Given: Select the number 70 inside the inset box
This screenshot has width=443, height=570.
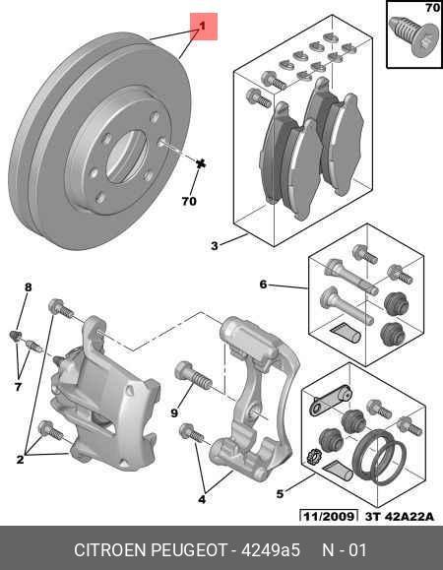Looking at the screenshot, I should [x=431, y=9].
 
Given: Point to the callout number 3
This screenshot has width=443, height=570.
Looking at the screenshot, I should [x=215, y=246].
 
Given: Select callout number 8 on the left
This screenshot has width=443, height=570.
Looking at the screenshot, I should [x=28, y=287].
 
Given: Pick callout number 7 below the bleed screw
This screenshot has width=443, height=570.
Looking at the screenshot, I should [x=17, y=388].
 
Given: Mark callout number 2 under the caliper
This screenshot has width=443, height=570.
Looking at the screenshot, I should [x=20, y=459].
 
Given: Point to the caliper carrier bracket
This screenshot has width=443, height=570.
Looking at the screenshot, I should [x=251, y=394].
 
